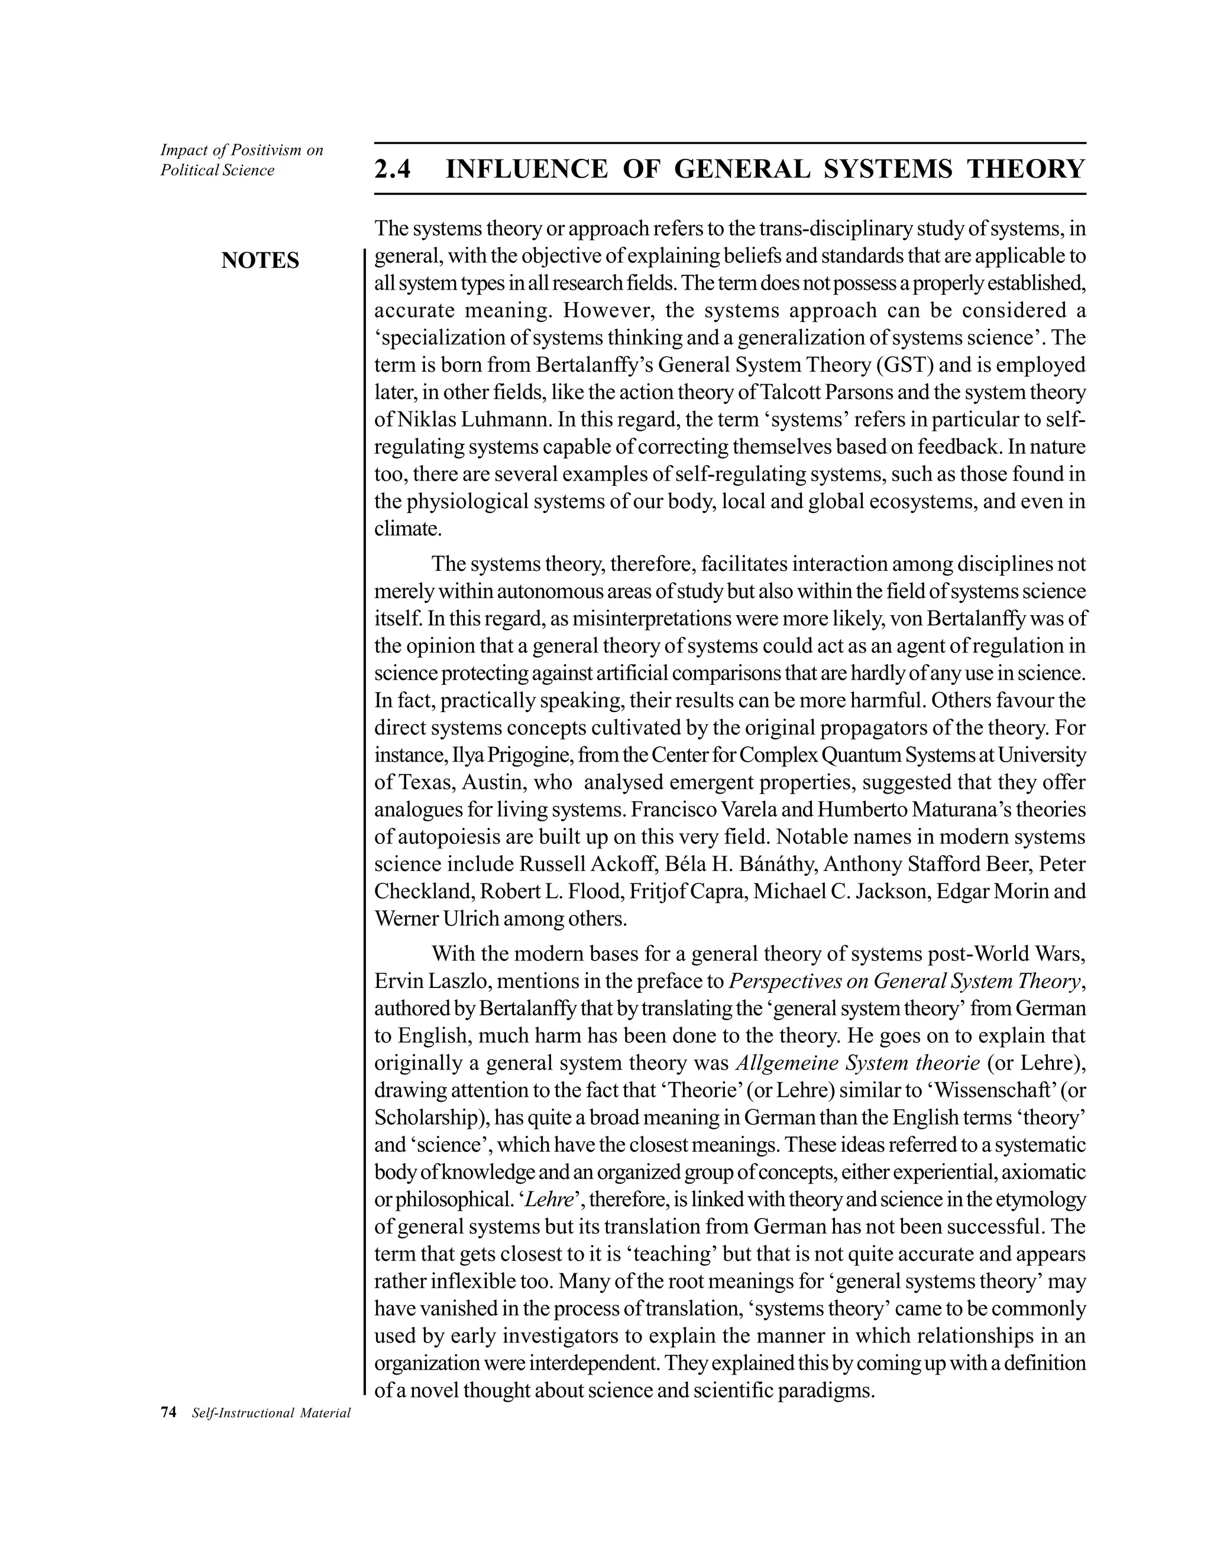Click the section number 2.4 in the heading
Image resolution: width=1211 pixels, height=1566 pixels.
(393, 169)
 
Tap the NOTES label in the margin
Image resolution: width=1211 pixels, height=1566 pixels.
(260, 260)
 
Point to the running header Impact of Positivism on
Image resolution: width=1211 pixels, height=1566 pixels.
(242, 150)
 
